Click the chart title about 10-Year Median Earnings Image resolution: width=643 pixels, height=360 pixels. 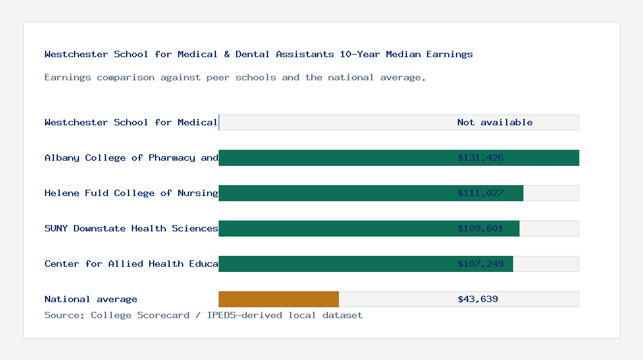258,55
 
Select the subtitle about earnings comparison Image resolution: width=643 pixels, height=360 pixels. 235,78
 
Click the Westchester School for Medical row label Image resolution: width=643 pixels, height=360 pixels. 131,122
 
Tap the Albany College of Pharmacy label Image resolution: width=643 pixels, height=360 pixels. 131,157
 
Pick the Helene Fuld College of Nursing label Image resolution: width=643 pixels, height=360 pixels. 131,193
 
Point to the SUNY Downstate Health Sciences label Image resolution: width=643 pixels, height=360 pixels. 131,228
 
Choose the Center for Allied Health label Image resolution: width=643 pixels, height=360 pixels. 131,264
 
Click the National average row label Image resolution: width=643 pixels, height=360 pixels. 91,299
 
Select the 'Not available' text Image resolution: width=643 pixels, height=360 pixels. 494,122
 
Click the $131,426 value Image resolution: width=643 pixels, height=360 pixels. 480,157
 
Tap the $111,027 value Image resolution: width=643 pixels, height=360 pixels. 480,193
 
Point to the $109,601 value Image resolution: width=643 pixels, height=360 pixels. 480,228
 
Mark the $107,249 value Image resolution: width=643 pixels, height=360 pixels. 480,264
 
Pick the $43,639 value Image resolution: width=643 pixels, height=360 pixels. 478,299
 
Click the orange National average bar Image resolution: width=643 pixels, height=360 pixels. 278,299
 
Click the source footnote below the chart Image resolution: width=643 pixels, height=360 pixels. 203,315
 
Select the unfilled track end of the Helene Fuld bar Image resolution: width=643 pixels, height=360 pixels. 551,193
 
